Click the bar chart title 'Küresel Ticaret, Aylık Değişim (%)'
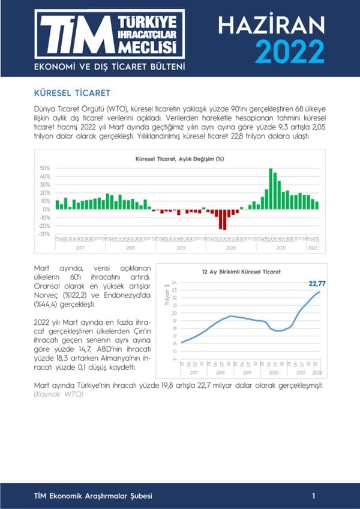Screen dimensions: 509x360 click(x=180, y=159)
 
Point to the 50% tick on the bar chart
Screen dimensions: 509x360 click(x=46, y=168)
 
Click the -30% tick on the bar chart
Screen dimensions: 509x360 click(x=46, y=234)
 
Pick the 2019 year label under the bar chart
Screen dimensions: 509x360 click(x=181, y=247)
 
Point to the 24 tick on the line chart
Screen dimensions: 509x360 click(x=174, y=282)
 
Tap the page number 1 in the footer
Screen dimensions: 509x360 click(x=314, y=496)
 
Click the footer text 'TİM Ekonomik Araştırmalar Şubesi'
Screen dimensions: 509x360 click(x=92, y=496)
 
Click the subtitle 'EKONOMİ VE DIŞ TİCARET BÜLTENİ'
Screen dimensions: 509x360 click(x=109, y=65)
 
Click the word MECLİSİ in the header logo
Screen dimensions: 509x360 click(x=154, y=46)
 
